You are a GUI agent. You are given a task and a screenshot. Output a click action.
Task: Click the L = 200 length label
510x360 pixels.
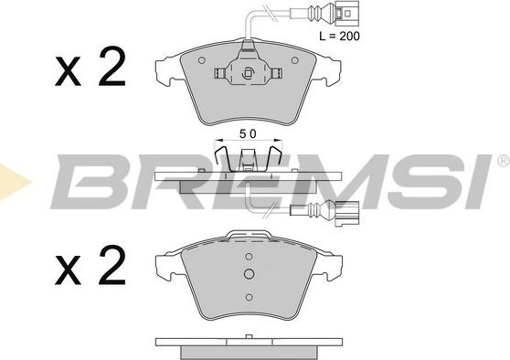pyautogui.click(x=339, y=36)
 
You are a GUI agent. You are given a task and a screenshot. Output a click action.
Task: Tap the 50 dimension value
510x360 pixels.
pyautogui.click(x=248, y=133)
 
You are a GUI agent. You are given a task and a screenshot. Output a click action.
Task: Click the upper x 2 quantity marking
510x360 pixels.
pyautogui.click(x=90, y=67)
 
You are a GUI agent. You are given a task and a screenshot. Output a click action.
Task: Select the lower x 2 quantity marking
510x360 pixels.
pyautogui.click(x=90, y=265)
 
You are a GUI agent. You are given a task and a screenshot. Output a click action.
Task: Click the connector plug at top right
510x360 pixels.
pyautogui.click(x=346, y=14)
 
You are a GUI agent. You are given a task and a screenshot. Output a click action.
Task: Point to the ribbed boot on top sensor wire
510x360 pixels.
pyautogui.click(x=316, y=14)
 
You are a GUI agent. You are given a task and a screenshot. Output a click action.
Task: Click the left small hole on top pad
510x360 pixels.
pyautogui.click(x=202, y=60)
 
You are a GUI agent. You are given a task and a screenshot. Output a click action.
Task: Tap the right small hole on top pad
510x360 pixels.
pyautogui.click(x=294, y=60)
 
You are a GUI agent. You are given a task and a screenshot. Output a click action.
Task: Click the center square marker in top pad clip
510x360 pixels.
pyautogui.click(x=248, y=73)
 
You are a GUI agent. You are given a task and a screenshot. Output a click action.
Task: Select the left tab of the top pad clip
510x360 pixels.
pyautogui.click(x=219, y=73)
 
